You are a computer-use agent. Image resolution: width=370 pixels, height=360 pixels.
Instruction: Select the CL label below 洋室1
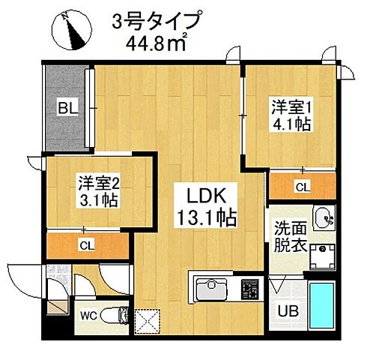[x=301, y=186]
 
